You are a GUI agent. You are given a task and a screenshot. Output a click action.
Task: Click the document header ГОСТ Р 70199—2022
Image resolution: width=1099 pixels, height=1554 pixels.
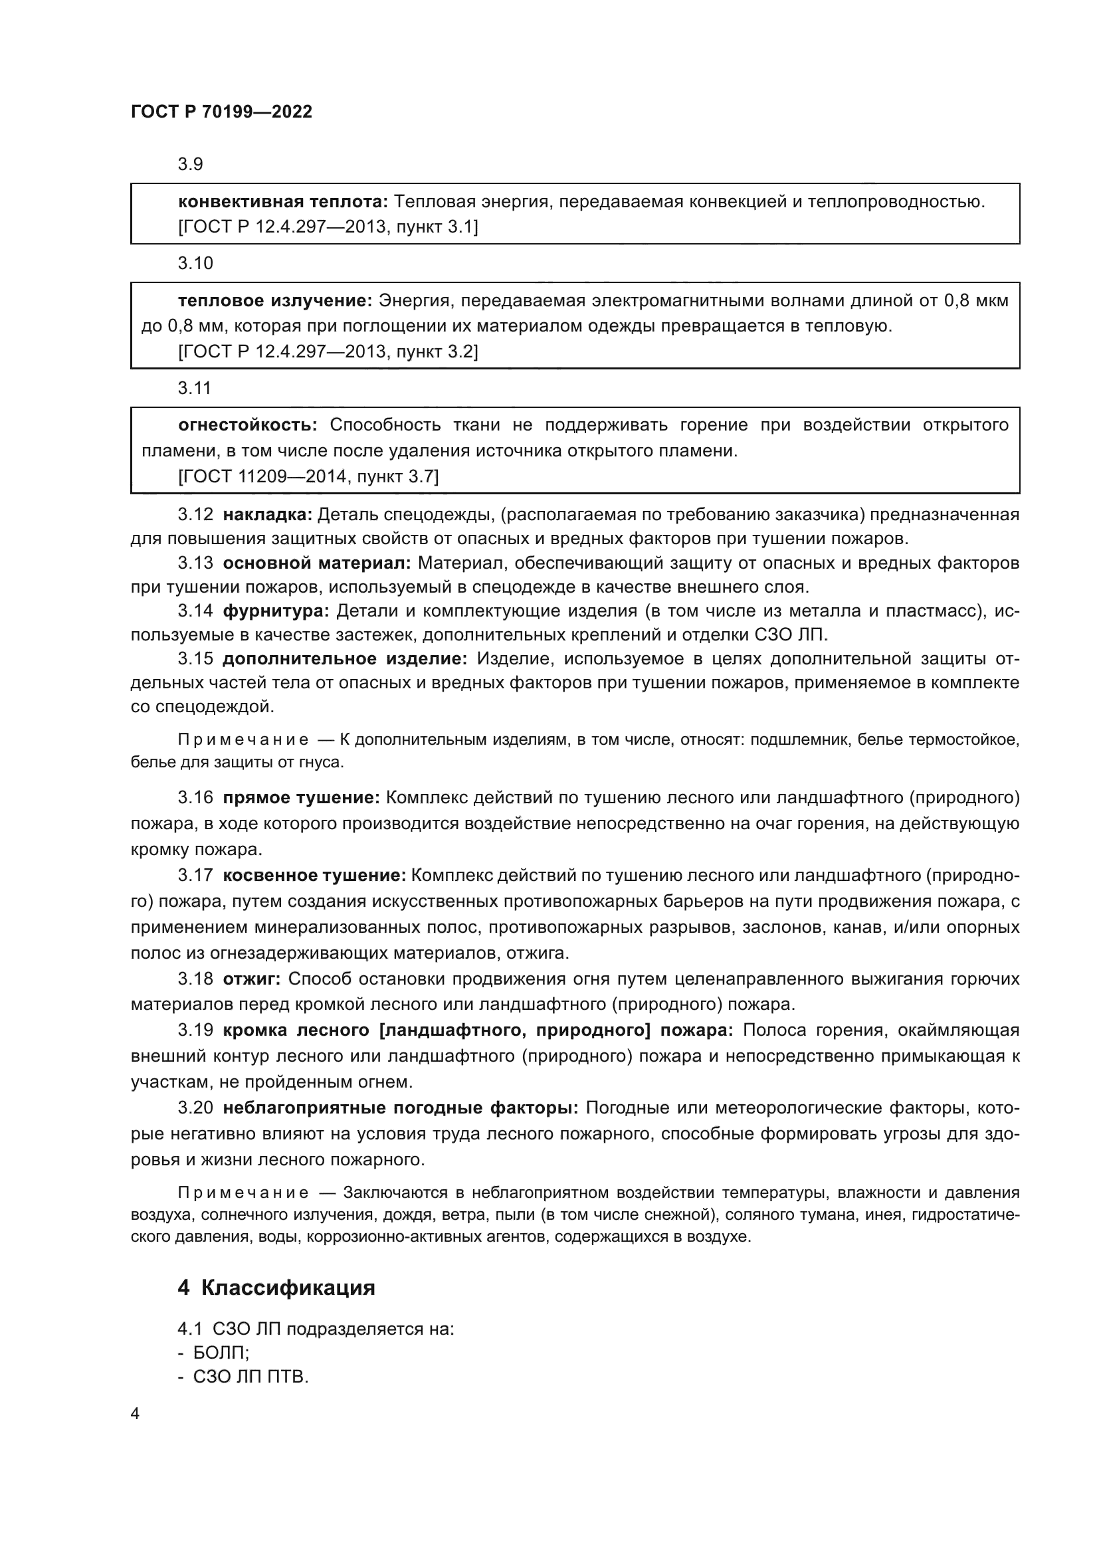tap(221, 112)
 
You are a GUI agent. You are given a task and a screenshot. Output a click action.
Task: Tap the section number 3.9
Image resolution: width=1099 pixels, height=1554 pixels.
tap(190, 165)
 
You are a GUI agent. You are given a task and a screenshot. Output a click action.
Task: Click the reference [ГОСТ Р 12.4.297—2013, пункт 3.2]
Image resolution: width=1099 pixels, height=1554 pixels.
tap(328, 352)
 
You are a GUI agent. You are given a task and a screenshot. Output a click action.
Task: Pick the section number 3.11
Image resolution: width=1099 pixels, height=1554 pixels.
tap(194, 389)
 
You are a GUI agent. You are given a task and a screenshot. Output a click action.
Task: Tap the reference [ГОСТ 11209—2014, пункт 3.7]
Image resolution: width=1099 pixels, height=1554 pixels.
tap(308, 477)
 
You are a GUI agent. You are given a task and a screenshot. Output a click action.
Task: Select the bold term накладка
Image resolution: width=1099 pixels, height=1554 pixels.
tap(266, 515)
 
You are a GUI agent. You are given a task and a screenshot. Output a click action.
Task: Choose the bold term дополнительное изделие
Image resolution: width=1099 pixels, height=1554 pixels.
tap(344, 659)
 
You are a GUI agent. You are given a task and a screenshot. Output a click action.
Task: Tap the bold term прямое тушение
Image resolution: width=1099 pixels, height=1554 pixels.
tap(301, 798)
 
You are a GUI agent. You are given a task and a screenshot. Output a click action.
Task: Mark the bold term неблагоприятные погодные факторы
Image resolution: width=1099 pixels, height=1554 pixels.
tap(400, 1108)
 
